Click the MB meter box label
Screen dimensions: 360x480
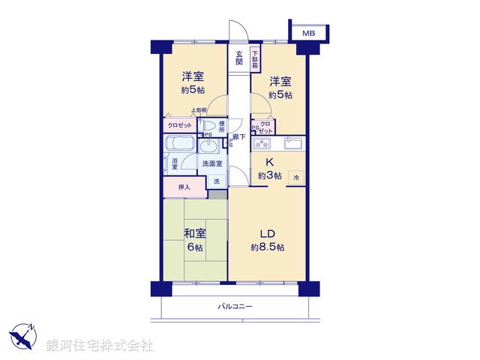point(308,34)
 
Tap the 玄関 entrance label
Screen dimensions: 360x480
point(239,58)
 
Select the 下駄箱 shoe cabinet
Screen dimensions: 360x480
point(256,59)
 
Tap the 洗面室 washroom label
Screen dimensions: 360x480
point(211,163)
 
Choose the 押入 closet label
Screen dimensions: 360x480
point(184,187)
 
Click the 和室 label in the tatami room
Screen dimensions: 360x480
point(196,232)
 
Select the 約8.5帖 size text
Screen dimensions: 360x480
point(268,247)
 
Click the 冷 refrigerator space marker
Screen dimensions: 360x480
point(295,178)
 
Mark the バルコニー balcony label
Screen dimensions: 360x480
point(235,307)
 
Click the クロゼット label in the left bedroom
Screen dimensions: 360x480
point(178,126)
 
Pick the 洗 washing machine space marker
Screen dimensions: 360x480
point(217,181)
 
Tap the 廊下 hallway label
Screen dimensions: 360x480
point(238,136)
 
